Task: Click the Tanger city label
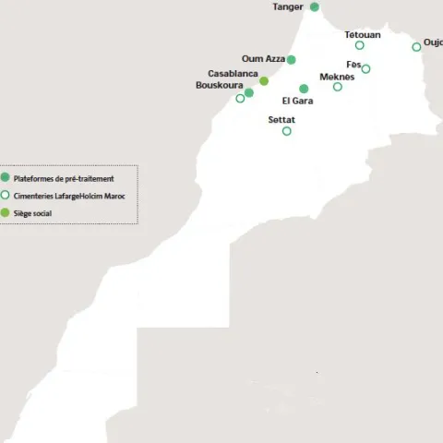287,7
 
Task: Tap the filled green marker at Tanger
314,6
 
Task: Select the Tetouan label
362,34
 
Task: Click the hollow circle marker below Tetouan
360,45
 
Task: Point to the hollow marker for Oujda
416,47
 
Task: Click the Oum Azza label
263,59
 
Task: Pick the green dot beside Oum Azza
292,59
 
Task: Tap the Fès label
353,64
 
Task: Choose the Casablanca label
233,73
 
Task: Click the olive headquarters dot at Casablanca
264,81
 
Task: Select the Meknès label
336,77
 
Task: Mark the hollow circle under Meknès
338,87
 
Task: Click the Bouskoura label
219,85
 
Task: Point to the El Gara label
298,101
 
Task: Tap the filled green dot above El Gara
304,89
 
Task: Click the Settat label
281,120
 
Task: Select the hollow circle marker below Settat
286,131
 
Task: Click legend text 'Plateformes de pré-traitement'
64,178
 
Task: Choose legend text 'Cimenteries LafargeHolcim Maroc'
69,196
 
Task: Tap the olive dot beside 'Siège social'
6,212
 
